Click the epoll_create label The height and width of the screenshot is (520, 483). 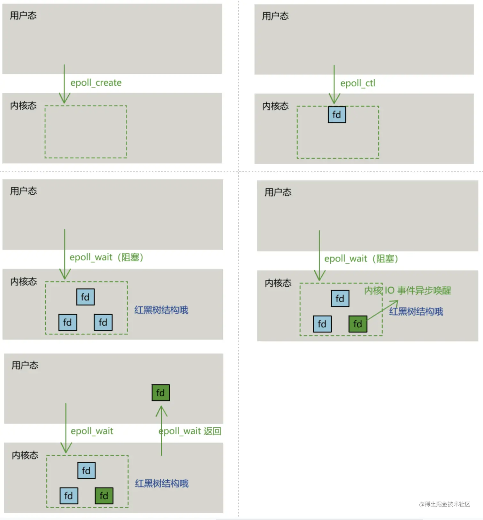click(x=96, y=83)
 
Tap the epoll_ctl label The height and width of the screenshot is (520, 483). click(x=357, y=83)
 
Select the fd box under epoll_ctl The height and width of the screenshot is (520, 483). click(x=337, y=115)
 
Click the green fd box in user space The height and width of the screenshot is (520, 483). click(x=160, y=393)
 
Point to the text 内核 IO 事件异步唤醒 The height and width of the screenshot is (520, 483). click(x=408, y=291)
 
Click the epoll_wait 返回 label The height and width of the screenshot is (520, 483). click(x=190, y=431)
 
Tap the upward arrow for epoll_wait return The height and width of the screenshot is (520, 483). click(x=161, y=430)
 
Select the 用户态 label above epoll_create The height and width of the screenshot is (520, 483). click(x=23, y=15)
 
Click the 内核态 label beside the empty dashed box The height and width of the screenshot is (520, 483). click(x=23, y=105)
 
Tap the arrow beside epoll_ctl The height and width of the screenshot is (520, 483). click(x=334, y=84)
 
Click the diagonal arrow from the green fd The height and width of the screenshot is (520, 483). click(x=383, y=310)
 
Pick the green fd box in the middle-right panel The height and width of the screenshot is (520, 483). click(x=358, y=324)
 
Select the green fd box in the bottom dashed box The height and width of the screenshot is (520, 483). click(x=104, y=496)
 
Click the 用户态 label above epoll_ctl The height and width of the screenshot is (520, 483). click(x=275, y=16)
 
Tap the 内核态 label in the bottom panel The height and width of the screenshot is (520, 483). click(x=25, y=455)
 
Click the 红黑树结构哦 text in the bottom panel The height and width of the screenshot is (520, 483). click(x=162, y=484)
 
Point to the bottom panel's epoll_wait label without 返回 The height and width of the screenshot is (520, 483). click(x=92, y=431)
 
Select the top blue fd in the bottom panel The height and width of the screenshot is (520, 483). click(x=86, y=470)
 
